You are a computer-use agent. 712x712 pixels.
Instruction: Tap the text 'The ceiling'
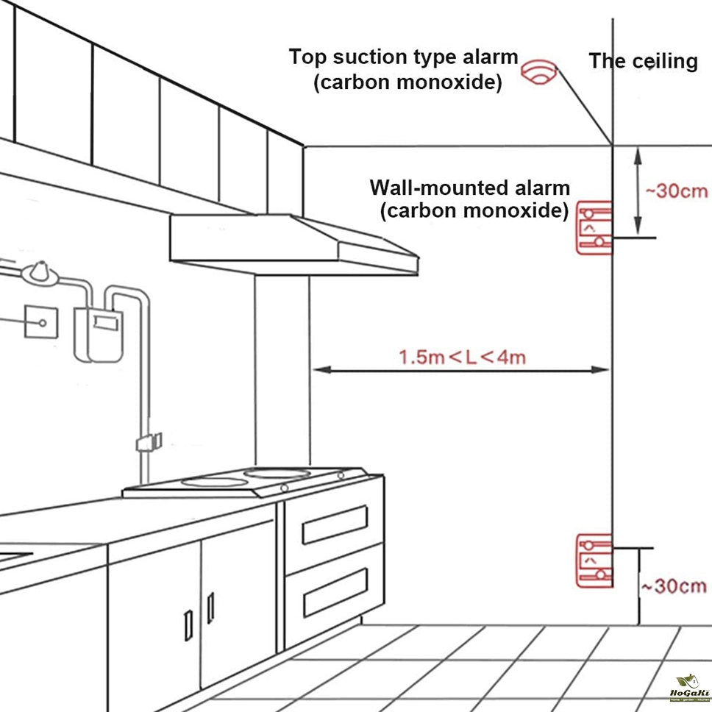click(643, 61)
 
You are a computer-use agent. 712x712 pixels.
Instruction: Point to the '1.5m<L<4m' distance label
click(462, 357)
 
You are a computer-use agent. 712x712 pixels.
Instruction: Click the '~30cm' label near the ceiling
click(676, 191)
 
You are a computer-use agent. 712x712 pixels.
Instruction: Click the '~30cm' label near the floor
click(673, 586)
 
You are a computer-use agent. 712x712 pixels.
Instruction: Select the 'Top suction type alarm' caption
click(403, 57)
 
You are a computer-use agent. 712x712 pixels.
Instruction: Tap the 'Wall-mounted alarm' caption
click(469, 187)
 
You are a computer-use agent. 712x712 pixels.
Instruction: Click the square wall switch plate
click(42, 321)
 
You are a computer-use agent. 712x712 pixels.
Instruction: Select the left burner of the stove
click(214, 482)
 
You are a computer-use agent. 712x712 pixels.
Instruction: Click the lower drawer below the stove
click(335, 591)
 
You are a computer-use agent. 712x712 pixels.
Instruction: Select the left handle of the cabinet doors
click(188, 624)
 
